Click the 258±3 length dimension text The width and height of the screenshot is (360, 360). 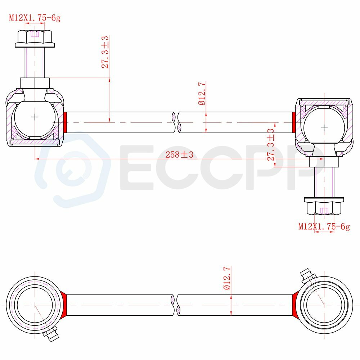tap(179, 154)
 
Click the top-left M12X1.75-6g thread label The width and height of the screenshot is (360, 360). tap(35, 18)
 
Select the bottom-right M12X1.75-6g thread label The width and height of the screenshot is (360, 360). tap(324, 226)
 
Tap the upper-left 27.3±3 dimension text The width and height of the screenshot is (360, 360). tap(105, 52)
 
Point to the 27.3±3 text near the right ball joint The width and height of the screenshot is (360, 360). tap(271, 144)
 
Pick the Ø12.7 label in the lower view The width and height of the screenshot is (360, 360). tap(227, 278)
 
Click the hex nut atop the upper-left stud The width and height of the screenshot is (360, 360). tap(35, 39)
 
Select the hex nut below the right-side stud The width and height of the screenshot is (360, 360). tap(324, 206)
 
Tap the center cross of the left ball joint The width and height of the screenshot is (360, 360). tap(35, 117)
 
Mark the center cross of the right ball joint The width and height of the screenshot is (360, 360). tap(324, 128)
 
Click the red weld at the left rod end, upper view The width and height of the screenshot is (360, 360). tap(65, 122)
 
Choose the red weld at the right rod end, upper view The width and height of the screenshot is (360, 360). tap(294, 122)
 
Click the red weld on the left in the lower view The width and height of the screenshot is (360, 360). tap(64, 305)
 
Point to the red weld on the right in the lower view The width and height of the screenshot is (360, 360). tap(296, 305)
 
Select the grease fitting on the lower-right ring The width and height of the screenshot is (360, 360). tap(308, 276)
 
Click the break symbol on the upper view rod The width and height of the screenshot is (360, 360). tap(176, 122)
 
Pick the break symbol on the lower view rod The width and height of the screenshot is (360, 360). tap(176, 305)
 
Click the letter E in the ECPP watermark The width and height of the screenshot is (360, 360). tap(137, 167)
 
